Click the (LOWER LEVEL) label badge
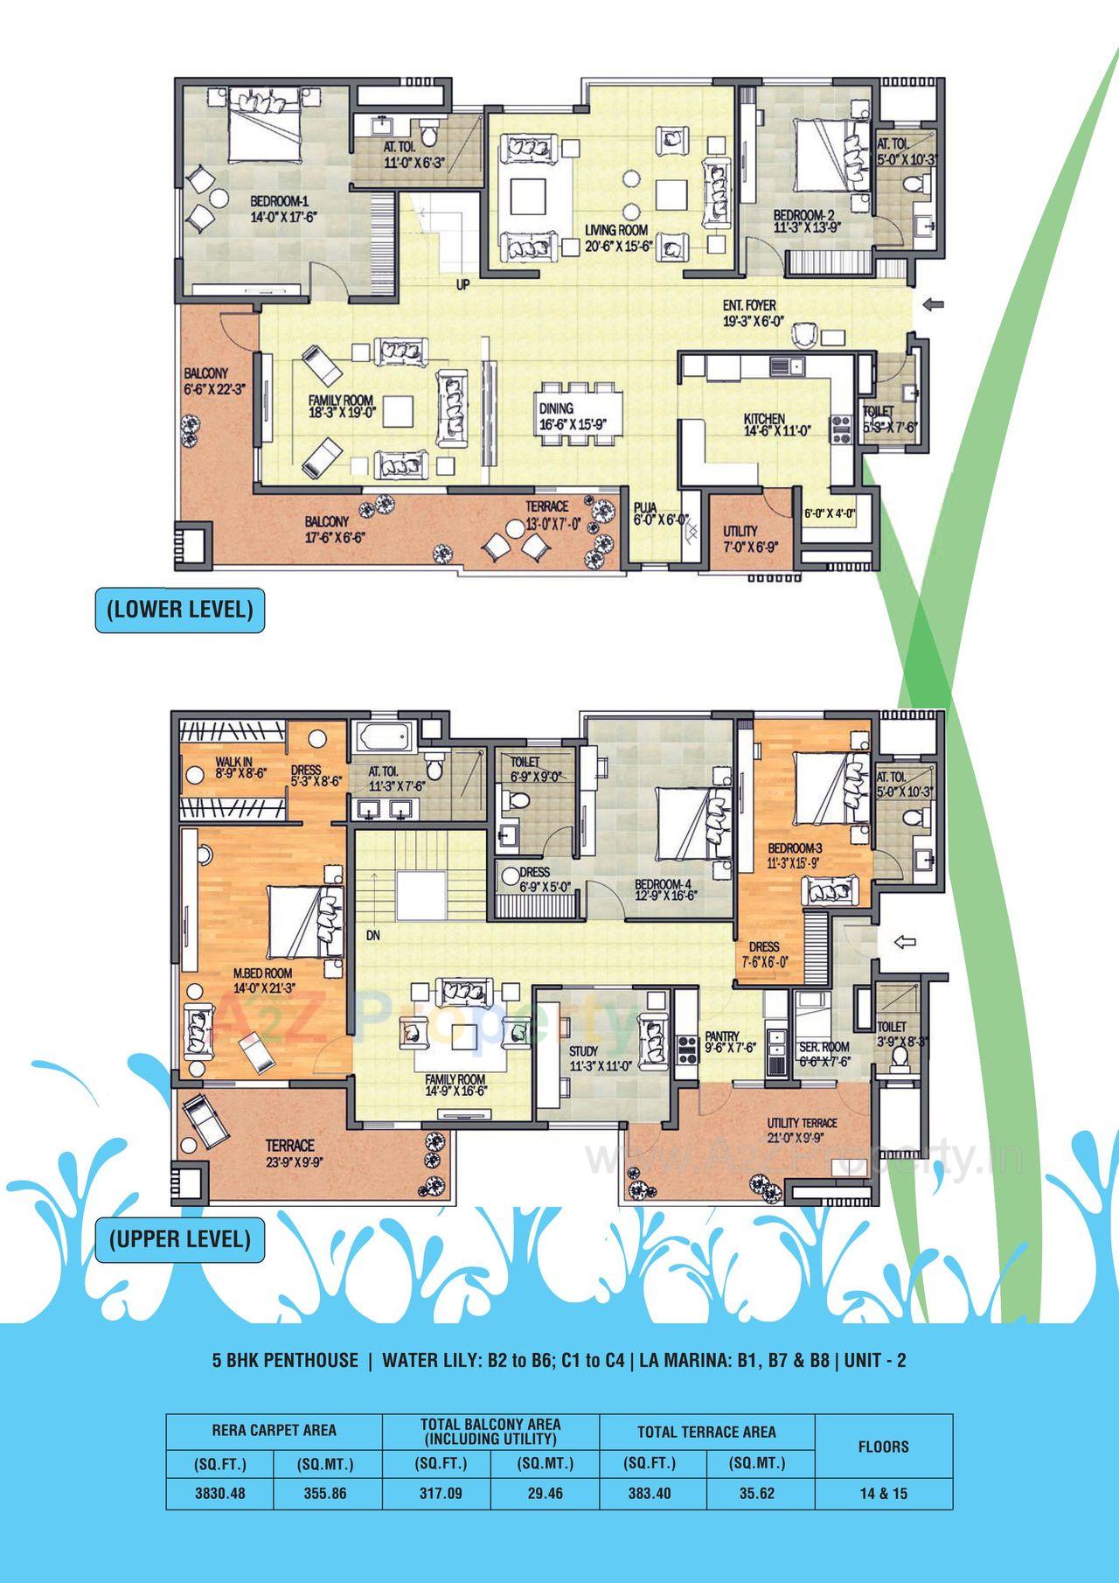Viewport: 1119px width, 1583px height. point(179,609)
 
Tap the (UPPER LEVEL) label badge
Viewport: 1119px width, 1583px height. point(179,1238)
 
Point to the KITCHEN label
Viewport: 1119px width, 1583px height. point(764,419)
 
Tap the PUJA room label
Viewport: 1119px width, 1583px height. point(645,506)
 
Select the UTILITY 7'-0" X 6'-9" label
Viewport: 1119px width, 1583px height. point(740,538)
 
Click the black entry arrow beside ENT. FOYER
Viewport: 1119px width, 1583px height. point(934,304)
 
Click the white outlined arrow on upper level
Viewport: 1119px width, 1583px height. point(904,941)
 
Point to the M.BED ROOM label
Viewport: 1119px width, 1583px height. point(262,973)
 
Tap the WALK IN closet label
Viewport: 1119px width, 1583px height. point(233,762)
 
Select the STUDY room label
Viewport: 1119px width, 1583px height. point(583,1050)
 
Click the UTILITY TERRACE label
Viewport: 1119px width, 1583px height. point(802,1123)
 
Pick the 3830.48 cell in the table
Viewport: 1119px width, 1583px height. point(219,1493)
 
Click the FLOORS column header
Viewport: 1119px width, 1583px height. point(883,1447)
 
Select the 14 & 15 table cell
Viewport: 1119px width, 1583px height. point(883,1493)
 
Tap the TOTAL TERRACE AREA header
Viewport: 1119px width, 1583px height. point(705,1432)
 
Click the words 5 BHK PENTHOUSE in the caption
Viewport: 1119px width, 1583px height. point(285,1360)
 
